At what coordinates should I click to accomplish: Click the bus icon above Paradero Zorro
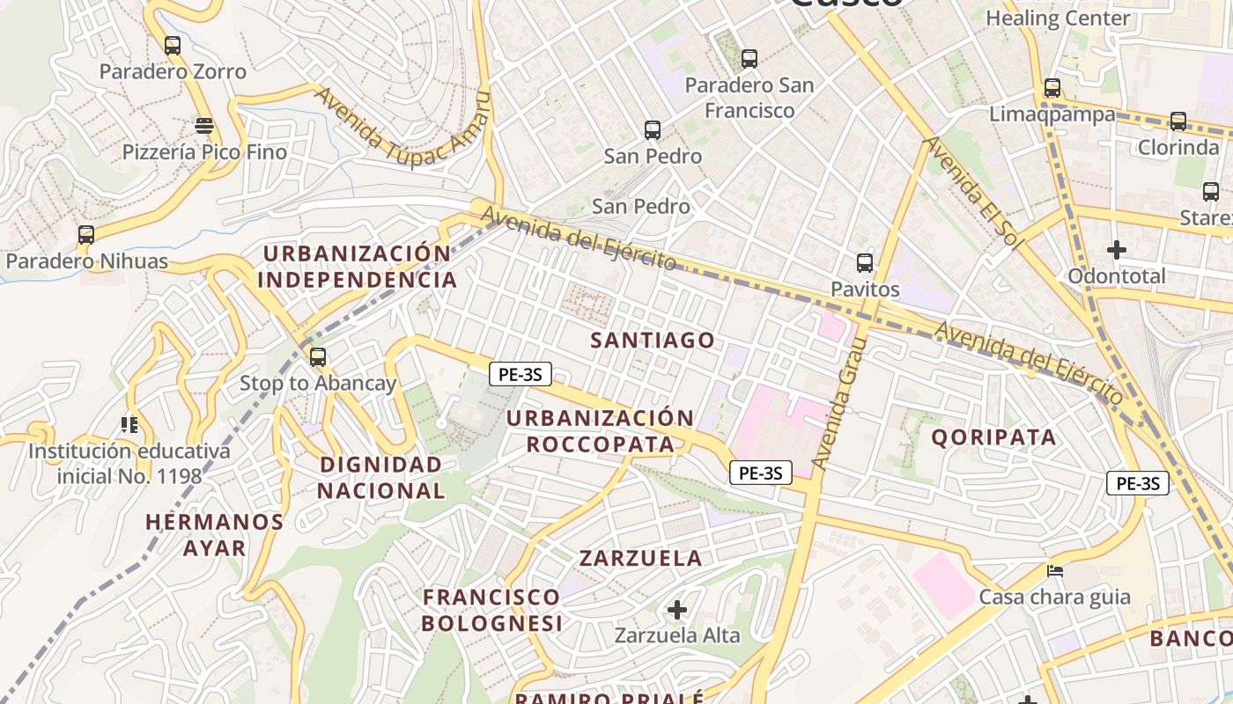click(x=173, y=45)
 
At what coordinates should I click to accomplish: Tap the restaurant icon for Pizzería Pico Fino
click(x=204, y=126)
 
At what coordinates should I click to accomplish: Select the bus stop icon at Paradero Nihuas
click(x=85, y=235)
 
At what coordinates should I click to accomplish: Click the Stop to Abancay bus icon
click(x=318, y=357)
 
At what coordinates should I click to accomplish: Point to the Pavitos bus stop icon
click(x=865, y=263)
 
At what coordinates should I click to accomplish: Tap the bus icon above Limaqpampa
click(x=1052, y=88)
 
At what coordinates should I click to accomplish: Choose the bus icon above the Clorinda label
click(x=1178, y=121)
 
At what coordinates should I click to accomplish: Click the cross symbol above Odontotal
click(x=1117, y=250)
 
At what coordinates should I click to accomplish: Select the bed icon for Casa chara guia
click(x=1055, y=571)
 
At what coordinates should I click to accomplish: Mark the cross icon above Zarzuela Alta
click(x=677, y=609)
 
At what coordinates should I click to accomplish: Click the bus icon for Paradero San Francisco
click(x=749, y=59)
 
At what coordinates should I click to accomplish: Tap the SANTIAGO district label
click(x=653, y=341)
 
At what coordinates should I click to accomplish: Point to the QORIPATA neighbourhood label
click(x=993, y=437)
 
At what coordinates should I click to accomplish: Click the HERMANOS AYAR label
click(x=214, y=535)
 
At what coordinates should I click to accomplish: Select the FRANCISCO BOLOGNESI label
click(x=491, y=610)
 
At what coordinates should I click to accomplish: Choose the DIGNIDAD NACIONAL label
click(x=381, y=477)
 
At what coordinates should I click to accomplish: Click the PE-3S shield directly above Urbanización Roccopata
click(x=521, y=374)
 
